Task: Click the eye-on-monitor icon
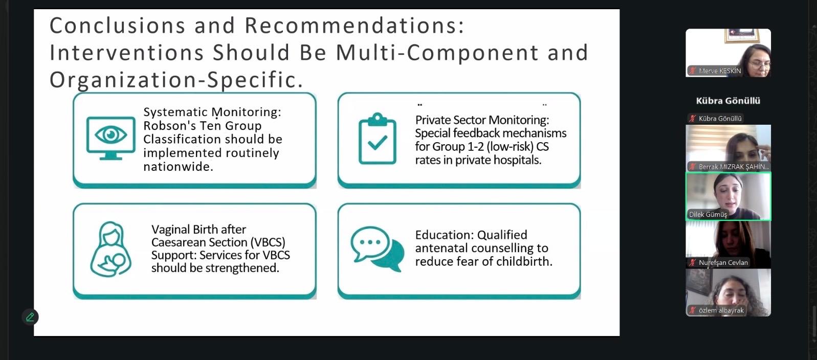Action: pyautogui.click(x=111, y=138)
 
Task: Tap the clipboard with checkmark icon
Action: pyautogui.click(x=378, y=138)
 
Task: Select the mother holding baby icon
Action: pyautogui.click(x=111, y=249)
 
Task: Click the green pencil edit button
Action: pyautogui.click(x=30, y=317)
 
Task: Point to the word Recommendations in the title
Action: pyautogui.click(x=355, y=26)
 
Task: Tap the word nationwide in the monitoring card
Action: pyautogui.click(x=178, y=167)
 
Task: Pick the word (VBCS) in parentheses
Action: pyautogui.click(x=268, y=242)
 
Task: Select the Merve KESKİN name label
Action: pyautogui.click(x=720, y=71)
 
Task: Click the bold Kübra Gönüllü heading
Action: pyautogui.click(x=728, y=101)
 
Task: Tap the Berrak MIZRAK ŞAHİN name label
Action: pyautogui.click(x=734, y=167)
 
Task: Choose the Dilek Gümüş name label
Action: pyautogui.click(x=708, y=214)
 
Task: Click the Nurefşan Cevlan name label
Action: pyautogui.click(x=723, y=263)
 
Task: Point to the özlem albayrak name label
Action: pyautogui.click(x=721, y=310)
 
